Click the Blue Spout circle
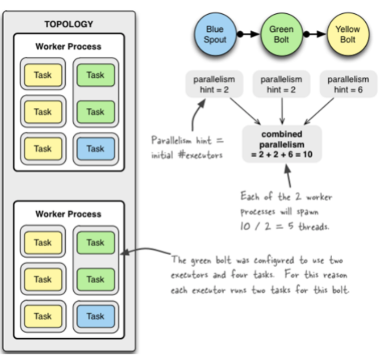(215, 35)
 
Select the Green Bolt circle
(281, 35)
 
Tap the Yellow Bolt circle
(348, 35)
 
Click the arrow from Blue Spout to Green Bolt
(248, 34)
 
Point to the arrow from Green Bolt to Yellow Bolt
(315, 34)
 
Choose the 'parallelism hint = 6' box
(348, 84)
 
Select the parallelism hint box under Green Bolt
(281, 84)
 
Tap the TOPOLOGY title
(69, 24)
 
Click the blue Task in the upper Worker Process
(95, 148)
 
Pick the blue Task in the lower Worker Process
(95, 316)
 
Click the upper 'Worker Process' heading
(69, 46)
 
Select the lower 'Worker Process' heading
(69, 214)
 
